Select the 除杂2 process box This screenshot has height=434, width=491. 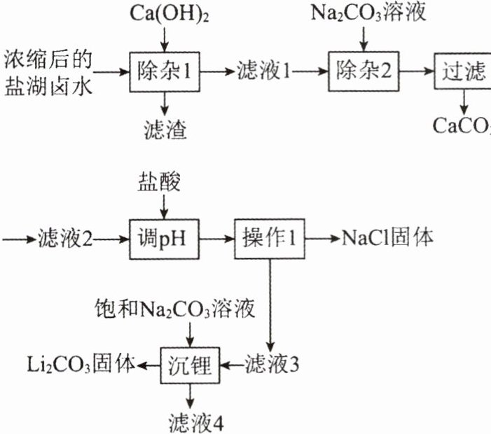[362, 71]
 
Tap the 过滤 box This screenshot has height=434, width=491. [463, 71]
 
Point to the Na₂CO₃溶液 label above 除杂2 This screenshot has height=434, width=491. [363, 12]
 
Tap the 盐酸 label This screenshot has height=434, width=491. [160, 183]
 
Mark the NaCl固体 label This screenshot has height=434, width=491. [387, 238]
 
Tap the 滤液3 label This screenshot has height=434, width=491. [272, 365]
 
